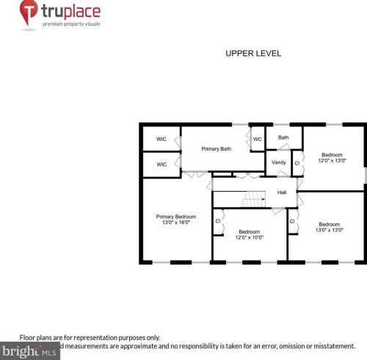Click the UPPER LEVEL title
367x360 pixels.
pyautogui.click(x=252, y=54)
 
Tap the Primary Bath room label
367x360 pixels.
pyautogui.click(x=217, y=149)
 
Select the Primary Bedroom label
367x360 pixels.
pyautogui.click(x=176, y=216)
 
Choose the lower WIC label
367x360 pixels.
pyautogui.click(x=161, y=165)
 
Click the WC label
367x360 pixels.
pyautogui.click(x=258, y=140)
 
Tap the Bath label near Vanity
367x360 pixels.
pyautogui.click(x=283, y=137)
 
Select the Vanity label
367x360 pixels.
pyautogui.click(x=279, y=162)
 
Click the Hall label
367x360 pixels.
pyautogui.click(x=281, y=193)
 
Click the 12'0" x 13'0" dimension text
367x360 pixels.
pyautogui.click(x=332, y=160)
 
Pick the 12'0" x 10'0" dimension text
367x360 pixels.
pyautogui.click(x=250, y=237)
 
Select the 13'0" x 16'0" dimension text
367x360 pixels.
pyautogui.click(x=176, y=222)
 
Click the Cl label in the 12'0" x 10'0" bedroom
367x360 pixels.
pyautogui.click(x=218, y=220)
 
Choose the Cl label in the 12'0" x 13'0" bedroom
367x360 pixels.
pyautogui.click(x=297, y=162)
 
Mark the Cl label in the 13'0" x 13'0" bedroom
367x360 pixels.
pyautogui.click(x=292, y=220)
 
